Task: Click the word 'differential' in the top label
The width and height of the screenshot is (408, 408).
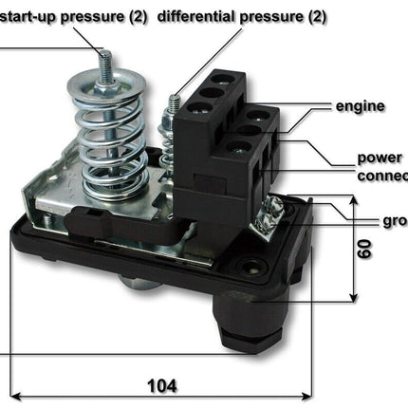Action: [x=195, y=16]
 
